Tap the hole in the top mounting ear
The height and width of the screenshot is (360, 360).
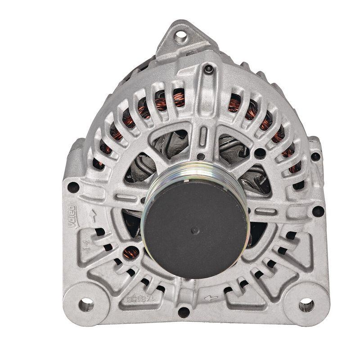tap(181, 35)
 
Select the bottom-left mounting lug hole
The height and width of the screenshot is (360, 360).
tap(85, 305)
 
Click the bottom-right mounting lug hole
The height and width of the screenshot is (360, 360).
tap(306, 306)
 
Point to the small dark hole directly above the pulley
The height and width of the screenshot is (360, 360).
tap(202, 157)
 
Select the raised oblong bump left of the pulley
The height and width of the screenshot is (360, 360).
tap(127, 198)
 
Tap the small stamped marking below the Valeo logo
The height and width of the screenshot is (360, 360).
tap(87, 246)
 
